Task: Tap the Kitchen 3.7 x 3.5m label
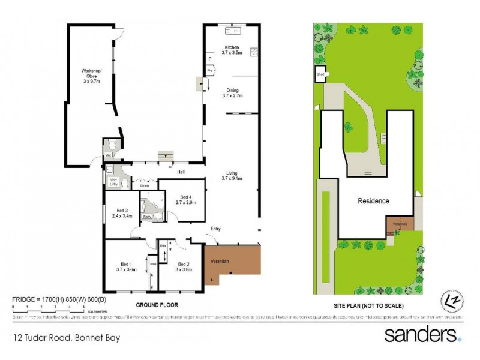232,50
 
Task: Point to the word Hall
181,172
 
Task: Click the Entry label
215,229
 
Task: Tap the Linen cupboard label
144,186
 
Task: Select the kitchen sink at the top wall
231,31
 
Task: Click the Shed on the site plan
320,75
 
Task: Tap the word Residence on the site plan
373,201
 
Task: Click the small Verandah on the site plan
400,225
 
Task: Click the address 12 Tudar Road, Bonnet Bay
67,338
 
